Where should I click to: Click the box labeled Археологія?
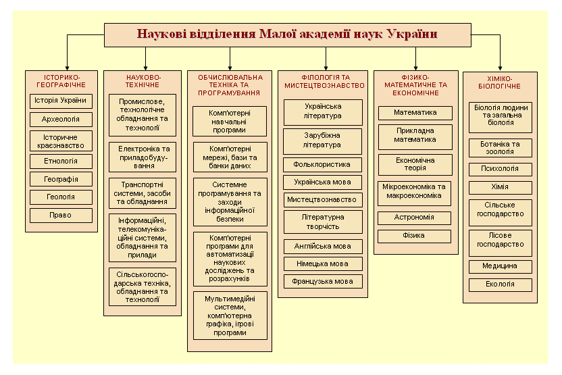click(x=61, y=120)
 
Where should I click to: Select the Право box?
click(x=61, y=216)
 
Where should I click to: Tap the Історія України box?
click(x=61, y=101)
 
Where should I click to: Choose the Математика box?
click(x=415, y=113)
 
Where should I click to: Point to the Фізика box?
click(x=414, y=236)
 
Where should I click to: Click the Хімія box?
click(x=501, y=188)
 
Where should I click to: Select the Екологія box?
click(x=501, y=285)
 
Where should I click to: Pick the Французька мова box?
click(x=323, y=282)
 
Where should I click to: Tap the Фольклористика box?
click(x=322, y=165)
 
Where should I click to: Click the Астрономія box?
click(x=414, y=218)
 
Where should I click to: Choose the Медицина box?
click(x=501, y=267)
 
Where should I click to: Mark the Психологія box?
click(x=501, y=169)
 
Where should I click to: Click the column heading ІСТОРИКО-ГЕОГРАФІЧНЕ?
click(x=61, y=81)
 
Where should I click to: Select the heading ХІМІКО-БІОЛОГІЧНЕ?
click(x=500, y=82)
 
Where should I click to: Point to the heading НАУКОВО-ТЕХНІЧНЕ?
click(x=143, y=81)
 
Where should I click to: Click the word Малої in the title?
click(x=277, y=34)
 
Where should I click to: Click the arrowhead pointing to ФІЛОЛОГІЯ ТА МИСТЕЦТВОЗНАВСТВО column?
click(x=326, y=68)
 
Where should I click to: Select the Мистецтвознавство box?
click(x=323, y=200)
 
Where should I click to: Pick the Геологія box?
click(x=61, y=197)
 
